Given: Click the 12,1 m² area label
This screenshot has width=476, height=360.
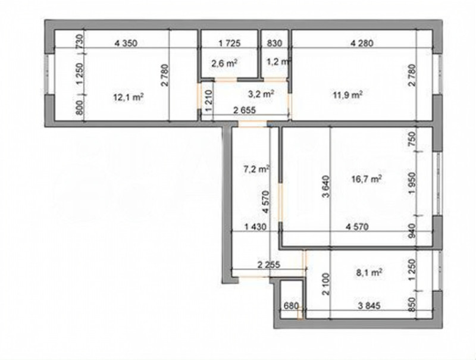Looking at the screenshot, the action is coord(128,98).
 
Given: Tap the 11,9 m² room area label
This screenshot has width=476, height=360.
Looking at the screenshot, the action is coord(347,95).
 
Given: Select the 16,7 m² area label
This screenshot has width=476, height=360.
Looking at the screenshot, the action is coord(366,179).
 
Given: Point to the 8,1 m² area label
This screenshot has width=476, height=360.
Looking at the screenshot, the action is coord(369,273).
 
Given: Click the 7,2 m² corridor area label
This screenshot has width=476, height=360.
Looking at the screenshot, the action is coord(257,169).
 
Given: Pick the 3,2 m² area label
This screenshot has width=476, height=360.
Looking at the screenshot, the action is coord(261,94).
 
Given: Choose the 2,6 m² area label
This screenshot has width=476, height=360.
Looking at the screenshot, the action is coord(224,63).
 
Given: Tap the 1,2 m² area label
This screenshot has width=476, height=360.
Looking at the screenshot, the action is coord(277,62).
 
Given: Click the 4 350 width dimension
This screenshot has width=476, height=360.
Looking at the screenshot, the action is coord(126,43).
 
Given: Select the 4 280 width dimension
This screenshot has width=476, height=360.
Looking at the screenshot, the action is coord(362,43).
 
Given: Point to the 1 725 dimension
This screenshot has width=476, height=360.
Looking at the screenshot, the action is coord(230,43).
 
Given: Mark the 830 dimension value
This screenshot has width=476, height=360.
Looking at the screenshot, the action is coord(274,43).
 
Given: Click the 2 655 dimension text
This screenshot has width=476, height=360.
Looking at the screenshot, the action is coord(245,110).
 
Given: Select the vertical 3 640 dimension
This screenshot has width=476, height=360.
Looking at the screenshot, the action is coord(325,187).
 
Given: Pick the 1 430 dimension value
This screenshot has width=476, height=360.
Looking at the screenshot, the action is coord(255,227).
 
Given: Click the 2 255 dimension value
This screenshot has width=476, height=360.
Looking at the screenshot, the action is coord(269,264).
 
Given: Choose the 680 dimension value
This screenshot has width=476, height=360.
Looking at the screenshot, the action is coord(291,306).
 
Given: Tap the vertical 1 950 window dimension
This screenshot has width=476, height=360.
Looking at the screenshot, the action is coord(412,183).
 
